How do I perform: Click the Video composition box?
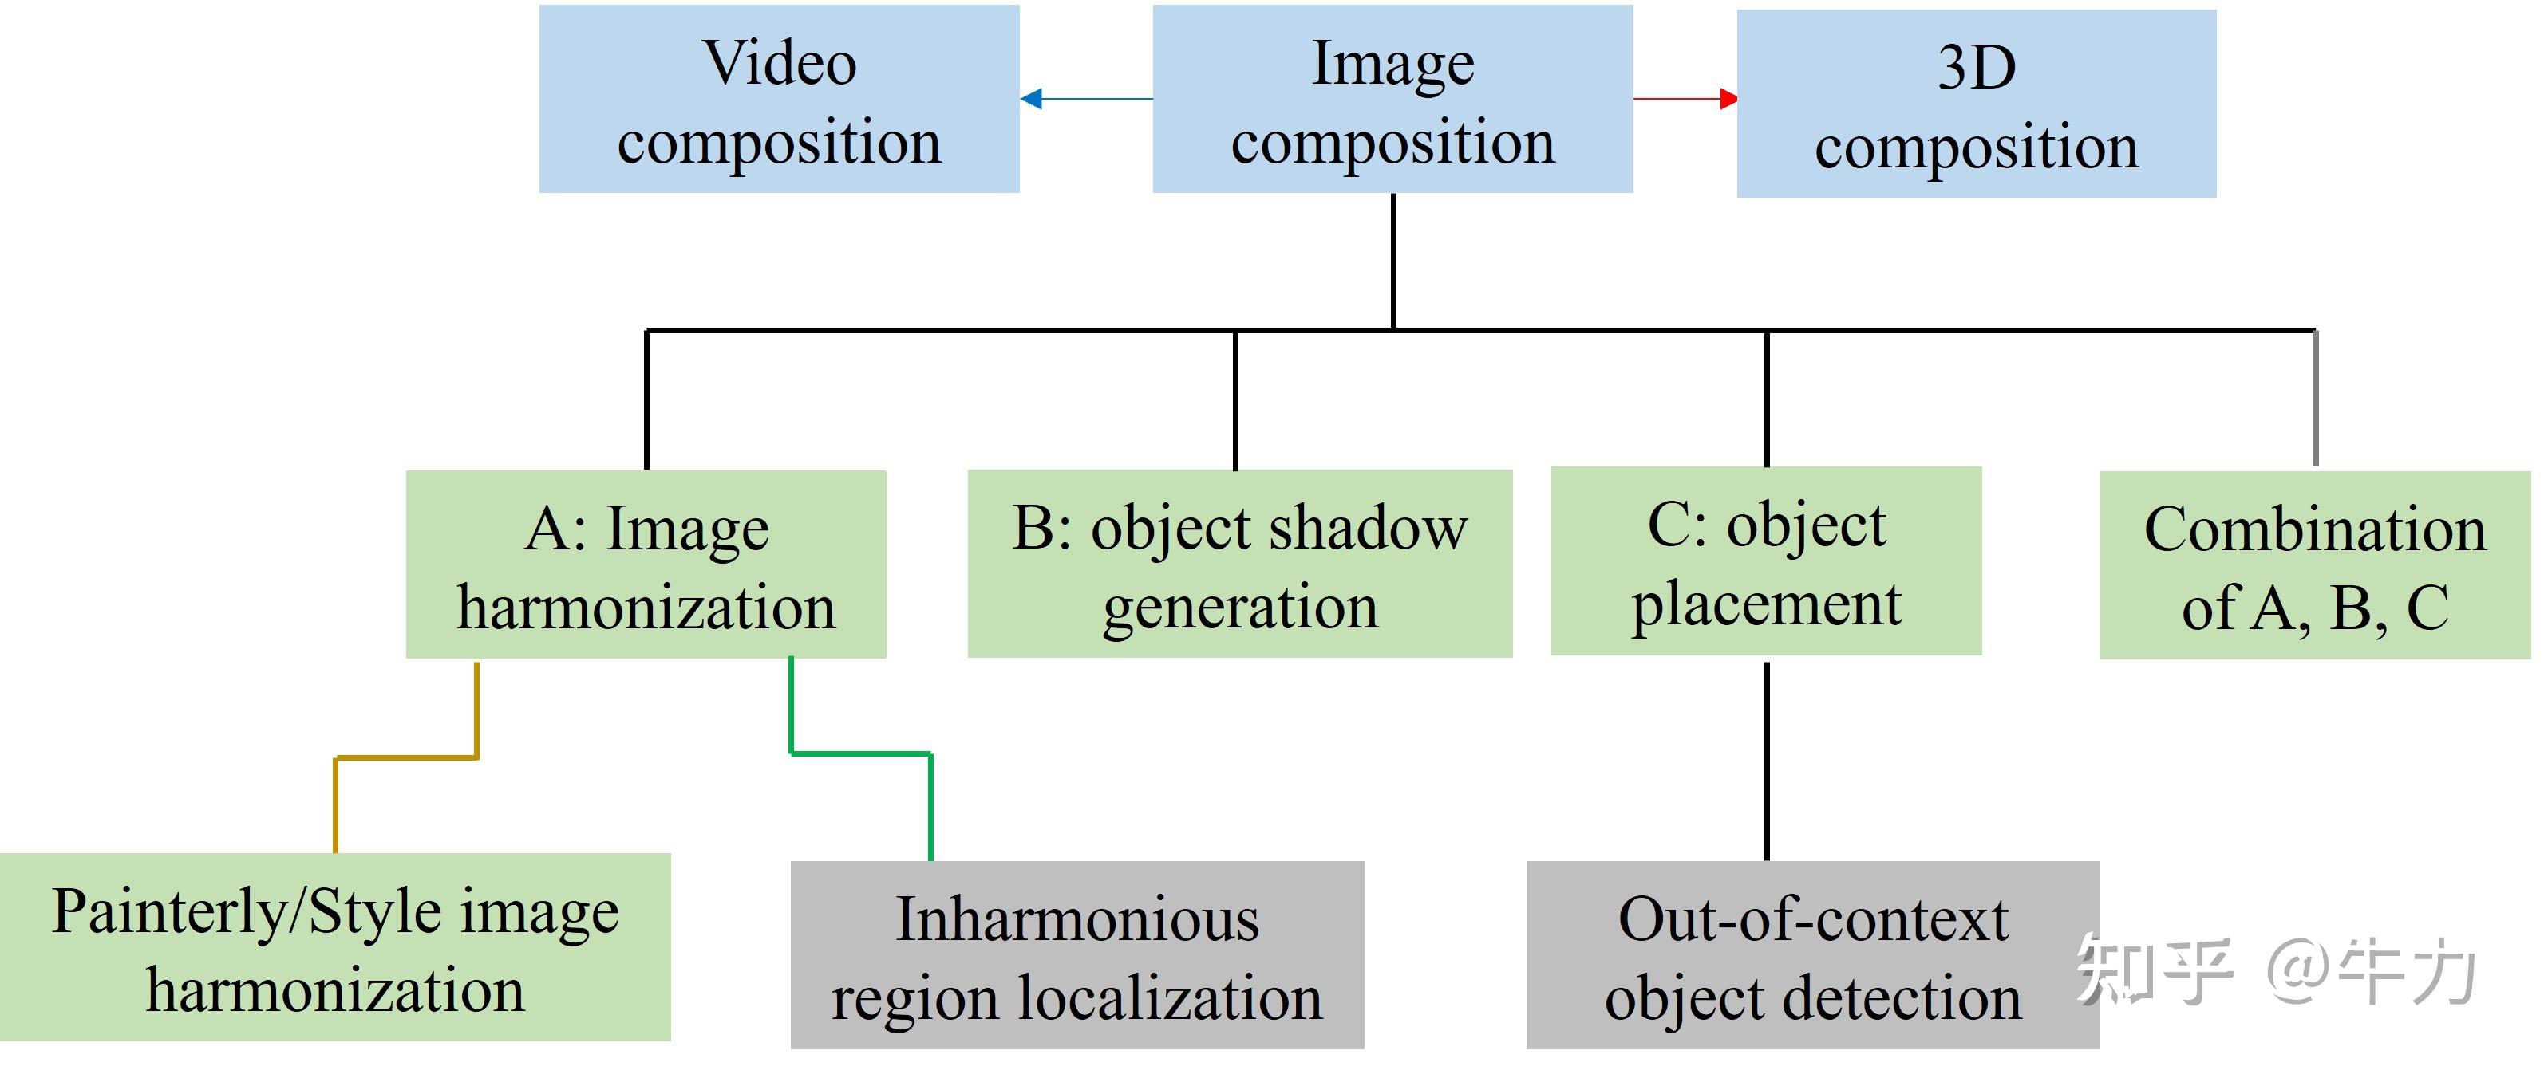point(779,99)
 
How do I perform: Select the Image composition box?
point(1392,99)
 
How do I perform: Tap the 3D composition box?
point(1976,104)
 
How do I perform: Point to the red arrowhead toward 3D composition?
point(1728,99)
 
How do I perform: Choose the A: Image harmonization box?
point(646,565)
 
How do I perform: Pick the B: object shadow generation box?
point(1239,564)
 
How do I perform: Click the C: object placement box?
point(1766,561)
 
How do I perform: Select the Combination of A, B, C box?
point(2315,565)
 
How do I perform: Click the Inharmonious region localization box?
point(1076,954)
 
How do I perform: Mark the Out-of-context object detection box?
point(1812,954)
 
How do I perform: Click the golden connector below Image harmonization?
point(407,758)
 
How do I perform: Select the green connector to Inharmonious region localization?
point(859,754)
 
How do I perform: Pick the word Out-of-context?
point(1812,919)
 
